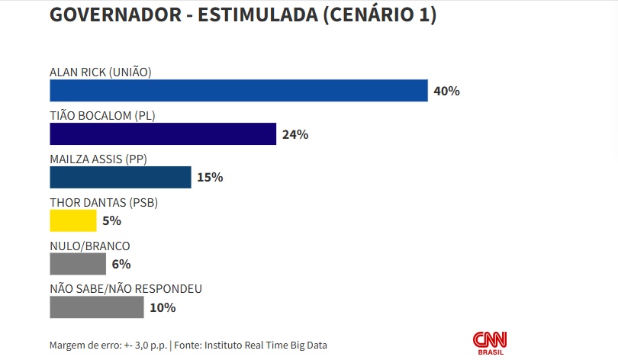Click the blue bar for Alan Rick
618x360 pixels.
[x=238, y=91]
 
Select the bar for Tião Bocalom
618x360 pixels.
[x=163, y=134]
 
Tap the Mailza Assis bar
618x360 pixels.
[x=120, y=177]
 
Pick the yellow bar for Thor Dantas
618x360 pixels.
[x=73, y=220]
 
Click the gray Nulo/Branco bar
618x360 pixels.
[x=78, y=264]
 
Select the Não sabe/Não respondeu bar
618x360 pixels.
[x=96, y=307]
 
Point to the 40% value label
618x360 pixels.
[x=446, y=92]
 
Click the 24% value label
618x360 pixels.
[x=295, y=135]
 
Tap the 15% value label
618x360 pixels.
[x=210, y=178]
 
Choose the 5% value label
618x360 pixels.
[x=111, y=221]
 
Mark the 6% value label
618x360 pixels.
[x=121, y=265]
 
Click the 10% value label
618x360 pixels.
[x=163, y=308]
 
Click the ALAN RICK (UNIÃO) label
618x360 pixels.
[x=101, y=72]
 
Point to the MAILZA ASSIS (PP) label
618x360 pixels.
[x=98, y=159]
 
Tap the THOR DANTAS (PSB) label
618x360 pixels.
[x=103, y=203]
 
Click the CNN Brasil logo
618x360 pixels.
[x=490, y=342]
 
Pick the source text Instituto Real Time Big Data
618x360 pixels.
[x=266, y=345]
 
